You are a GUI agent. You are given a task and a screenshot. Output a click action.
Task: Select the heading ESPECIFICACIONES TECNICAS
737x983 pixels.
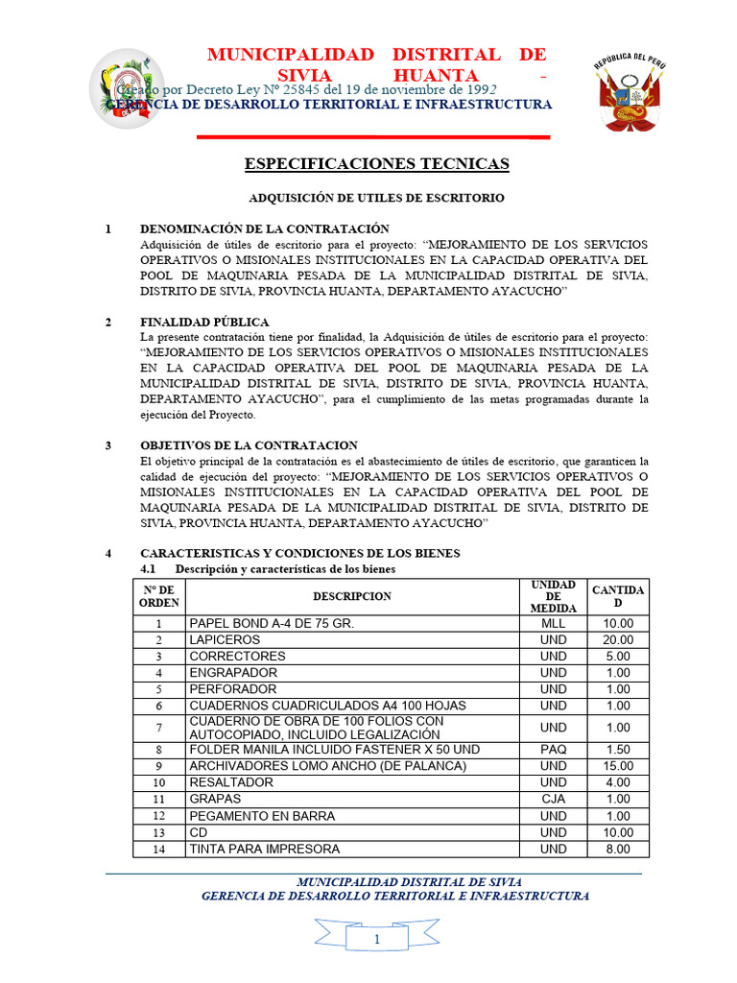point(376,164)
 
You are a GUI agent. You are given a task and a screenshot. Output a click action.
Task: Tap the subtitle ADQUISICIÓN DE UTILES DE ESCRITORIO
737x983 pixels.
point(376,198)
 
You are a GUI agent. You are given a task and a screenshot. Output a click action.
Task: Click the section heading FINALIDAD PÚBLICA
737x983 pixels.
point(204,322)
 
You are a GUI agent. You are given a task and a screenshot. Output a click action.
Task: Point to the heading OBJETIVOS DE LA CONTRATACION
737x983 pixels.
point(249,445)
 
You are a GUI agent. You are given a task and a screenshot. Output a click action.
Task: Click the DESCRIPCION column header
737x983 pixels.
point(351,596)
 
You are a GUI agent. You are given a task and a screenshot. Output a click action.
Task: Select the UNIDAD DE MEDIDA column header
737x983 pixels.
point(553,596)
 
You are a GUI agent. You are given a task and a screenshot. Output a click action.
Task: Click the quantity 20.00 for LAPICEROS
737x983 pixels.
point(618,639)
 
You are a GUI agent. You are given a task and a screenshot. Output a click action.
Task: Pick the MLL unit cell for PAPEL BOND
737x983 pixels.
point(553,623)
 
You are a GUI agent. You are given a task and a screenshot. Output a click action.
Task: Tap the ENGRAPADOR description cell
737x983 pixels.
point(233,672)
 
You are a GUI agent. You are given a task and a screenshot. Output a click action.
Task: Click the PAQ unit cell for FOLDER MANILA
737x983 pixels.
point(553,749)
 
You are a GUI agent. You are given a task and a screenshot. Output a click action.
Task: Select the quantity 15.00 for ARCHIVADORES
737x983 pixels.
point(618,765)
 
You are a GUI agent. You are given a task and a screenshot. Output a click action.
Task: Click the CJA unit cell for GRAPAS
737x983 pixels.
point(553,799)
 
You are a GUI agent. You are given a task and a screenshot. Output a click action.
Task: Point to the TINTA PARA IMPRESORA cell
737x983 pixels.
point(264,849)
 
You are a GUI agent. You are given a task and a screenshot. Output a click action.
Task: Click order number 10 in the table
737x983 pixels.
point(159,782)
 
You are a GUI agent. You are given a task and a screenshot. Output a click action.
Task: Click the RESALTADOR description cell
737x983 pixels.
point(231,782)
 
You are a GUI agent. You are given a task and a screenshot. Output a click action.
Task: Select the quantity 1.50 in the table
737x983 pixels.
point(618,749)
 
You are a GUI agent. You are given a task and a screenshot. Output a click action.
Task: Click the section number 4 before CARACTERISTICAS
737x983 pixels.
point(108,553)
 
